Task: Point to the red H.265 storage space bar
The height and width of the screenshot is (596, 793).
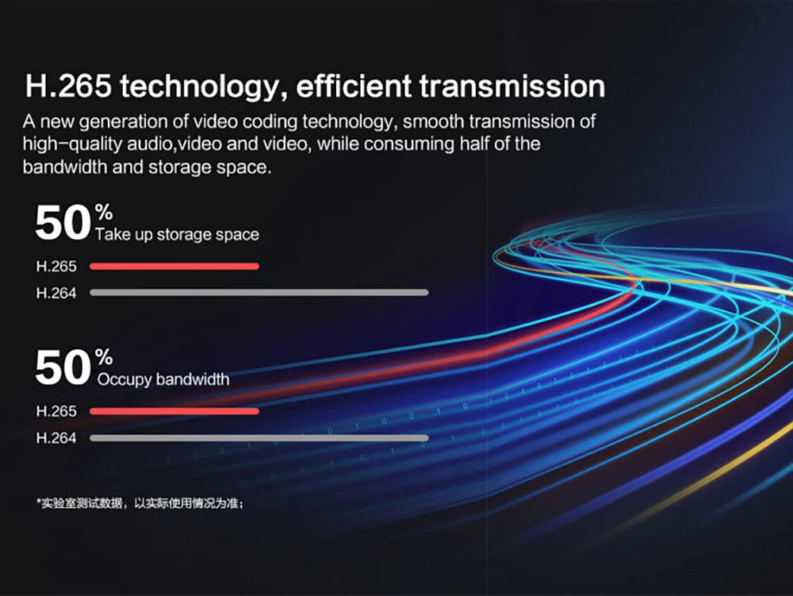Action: coord(174,266)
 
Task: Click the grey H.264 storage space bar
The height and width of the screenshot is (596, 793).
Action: coord(259,292)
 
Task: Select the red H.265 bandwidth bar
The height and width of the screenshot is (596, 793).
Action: coord(174,411)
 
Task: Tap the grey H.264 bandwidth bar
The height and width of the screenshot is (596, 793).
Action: coord(259,437)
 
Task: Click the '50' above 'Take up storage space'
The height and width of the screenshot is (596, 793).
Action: coord(63,224)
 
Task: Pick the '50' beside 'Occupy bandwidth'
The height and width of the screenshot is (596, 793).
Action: coord(63,368)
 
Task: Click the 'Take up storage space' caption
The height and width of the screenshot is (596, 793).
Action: coord(177,235)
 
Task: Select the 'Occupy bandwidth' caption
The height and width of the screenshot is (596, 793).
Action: coord(163,379)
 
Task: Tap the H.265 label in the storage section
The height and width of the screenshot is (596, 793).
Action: coord(56,267)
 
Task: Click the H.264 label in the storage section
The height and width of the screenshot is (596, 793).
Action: coord(56,293)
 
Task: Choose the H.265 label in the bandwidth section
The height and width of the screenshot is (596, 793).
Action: coord(56,411)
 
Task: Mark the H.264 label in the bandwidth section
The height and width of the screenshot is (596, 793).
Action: coord(56,437)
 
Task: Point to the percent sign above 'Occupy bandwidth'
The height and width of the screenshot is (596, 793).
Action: coord(104,356)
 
